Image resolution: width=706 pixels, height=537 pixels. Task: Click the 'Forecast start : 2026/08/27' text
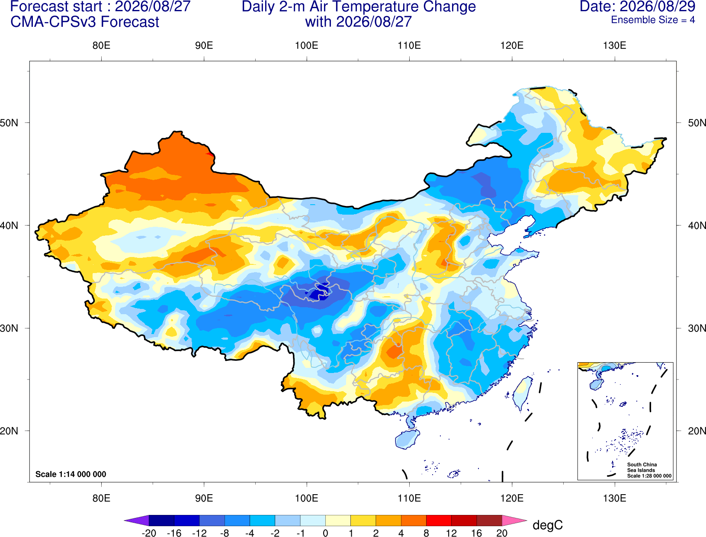click(x=100, y=6)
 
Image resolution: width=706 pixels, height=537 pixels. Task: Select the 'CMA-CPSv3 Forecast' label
click(x=85, y=22)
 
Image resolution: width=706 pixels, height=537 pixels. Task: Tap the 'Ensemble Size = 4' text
click(x=653, y=20)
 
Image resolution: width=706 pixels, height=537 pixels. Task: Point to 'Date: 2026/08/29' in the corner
click(x=637, y=6)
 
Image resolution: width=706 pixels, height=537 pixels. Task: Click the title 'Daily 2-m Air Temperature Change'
click(x=359, y=7)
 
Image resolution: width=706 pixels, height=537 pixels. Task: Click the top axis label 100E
click(x=307, y=45)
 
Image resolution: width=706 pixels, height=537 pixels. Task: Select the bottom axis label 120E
click(x=512, y=498)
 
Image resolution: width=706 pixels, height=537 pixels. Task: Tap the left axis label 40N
click(x=9, y=225)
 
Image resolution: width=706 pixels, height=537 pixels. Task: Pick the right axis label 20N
click(x=696, y=431)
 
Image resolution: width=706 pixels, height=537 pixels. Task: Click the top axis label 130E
click(x=615, y=45)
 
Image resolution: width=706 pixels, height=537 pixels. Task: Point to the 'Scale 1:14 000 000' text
click(x=71, y=474)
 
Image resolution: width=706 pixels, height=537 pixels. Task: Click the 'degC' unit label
click(x=547, y=525)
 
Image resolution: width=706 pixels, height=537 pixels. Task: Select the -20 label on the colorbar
click(x=149, y=533)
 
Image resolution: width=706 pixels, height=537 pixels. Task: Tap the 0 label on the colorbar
click(x=325, y=533)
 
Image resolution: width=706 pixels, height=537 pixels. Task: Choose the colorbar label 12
click(x=451, y=533)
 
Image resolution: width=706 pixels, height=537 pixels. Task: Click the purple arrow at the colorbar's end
click(x=137, y=520)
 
